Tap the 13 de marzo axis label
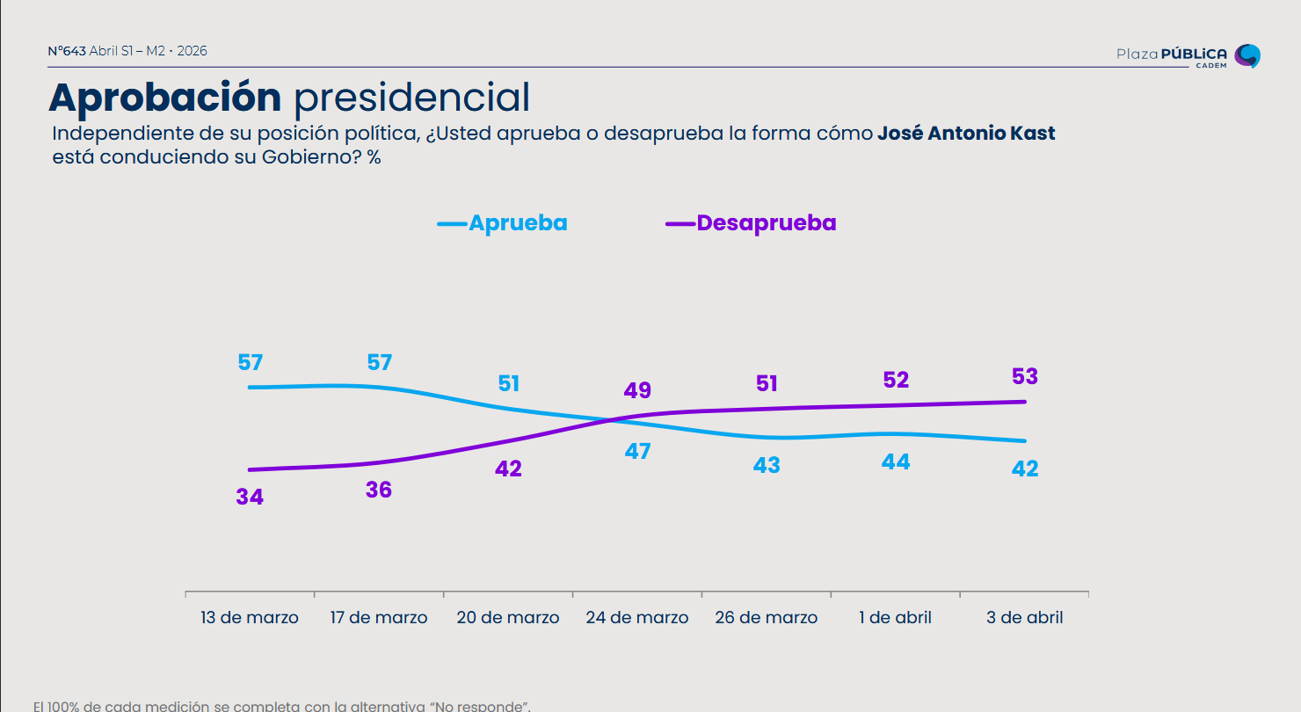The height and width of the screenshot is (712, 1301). point(250,618)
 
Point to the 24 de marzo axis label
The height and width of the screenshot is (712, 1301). point(637,618)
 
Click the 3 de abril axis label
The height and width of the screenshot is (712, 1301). point(1025,618)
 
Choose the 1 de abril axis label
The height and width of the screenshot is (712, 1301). point(896,618)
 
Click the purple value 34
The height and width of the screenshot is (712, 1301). point(250,497)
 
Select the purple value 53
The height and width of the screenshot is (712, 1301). point(1025,377)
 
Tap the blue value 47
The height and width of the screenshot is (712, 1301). point(637,452)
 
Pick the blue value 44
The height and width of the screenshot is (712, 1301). point(896,461)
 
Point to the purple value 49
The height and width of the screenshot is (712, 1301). point(637,391)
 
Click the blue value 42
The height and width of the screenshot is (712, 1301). point(1025,469)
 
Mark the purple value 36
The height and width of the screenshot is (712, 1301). point(379,490)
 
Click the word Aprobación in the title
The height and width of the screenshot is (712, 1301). point(165,98)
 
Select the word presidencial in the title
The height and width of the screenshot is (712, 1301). point(411,98)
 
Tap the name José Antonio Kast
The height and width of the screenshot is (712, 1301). point(966,134)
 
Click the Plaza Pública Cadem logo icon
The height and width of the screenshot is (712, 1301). point(1247,55)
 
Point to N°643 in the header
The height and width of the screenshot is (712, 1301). point(67,51)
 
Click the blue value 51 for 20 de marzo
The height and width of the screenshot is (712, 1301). point(509,384)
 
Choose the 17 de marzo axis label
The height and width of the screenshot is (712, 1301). point(379,618)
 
